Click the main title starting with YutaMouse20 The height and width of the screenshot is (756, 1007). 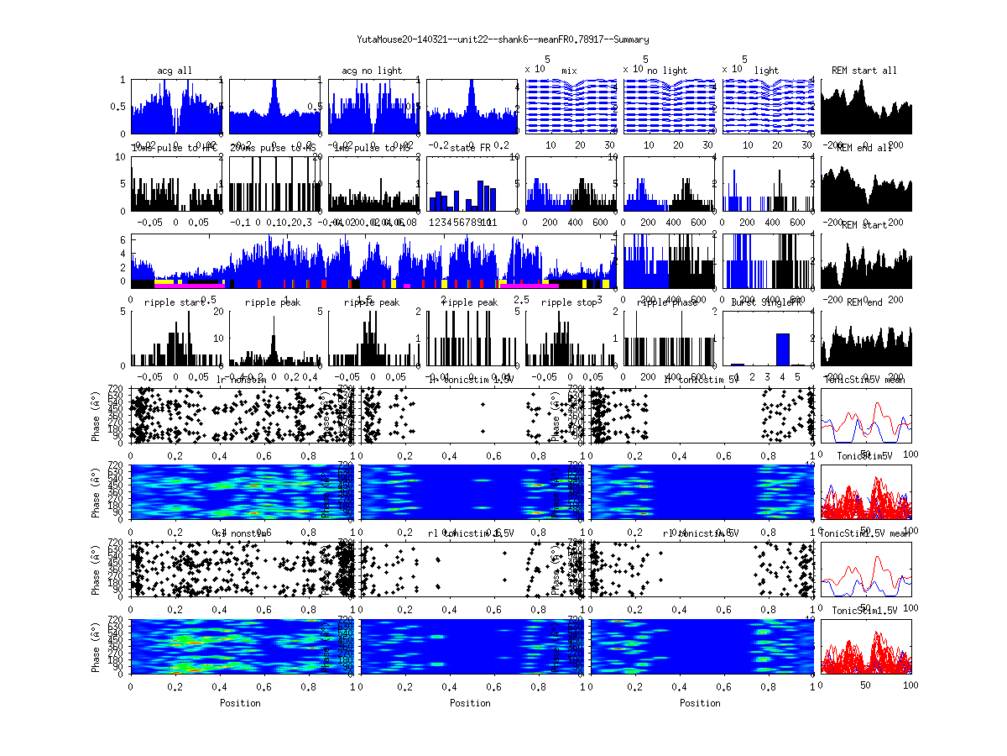tap(503, 39)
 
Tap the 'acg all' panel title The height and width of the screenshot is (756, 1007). tap(175, 71)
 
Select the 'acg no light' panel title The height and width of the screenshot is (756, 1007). tap(372, 71)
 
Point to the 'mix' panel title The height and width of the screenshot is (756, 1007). tap(570, 71)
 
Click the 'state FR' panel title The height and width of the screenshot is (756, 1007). tap(469, 148)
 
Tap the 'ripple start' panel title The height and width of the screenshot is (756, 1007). tap(175, 302)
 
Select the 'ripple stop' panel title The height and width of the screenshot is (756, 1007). tap(570, 302)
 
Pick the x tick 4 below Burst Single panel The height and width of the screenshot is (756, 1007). tap(782, 379)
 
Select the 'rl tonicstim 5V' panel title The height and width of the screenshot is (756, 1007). tap(702, 533)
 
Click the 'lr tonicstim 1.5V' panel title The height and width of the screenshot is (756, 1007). tap(471, 380)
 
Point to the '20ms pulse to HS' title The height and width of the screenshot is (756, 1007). tap(273, 148)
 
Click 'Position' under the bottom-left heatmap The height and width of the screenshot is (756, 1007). tap(240, 703)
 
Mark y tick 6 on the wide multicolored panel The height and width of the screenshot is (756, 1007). tap(123, 239)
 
